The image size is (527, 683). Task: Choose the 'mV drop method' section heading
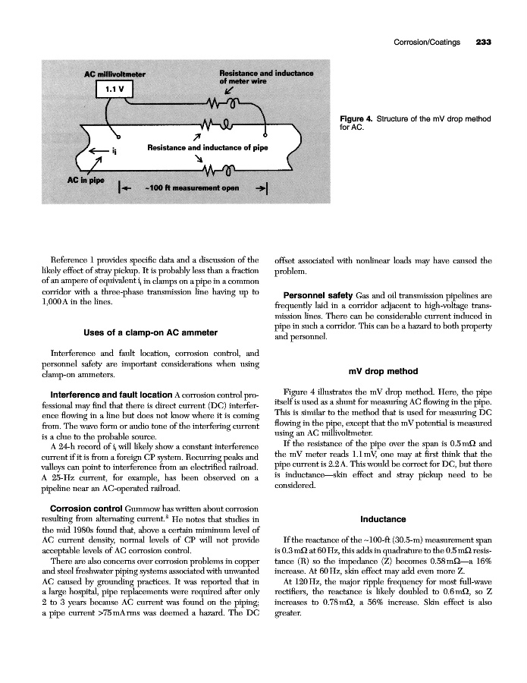383,371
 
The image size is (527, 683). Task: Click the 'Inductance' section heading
383,520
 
